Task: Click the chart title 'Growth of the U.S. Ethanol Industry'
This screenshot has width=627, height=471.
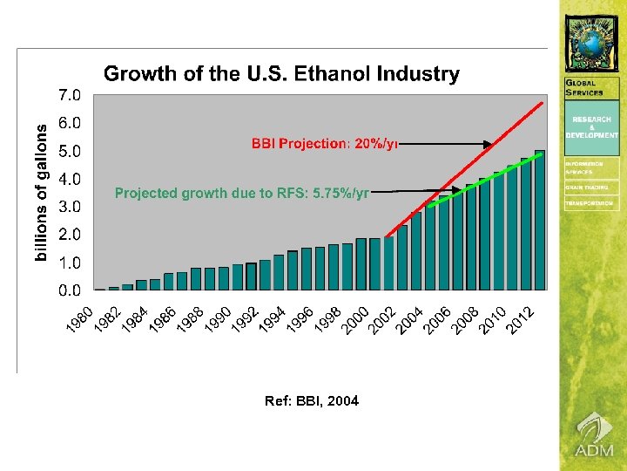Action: coord(281,74)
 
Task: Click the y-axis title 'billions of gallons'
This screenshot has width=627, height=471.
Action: coord(42,190)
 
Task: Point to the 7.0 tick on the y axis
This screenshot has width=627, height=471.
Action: coord(70,94)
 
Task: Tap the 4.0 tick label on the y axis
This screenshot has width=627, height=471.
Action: coord(70,179)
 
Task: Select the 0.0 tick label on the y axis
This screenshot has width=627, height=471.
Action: coord(70,290)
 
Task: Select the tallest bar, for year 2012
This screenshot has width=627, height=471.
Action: coord(540,221)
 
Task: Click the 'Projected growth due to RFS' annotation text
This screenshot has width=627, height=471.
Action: coord(242,194)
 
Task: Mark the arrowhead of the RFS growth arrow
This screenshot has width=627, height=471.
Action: coord(458,193)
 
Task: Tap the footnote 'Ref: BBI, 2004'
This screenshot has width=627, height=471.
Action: coord(311,401)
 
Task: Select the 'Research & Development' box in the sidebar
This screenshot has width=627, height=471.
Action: coord(592,127)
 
